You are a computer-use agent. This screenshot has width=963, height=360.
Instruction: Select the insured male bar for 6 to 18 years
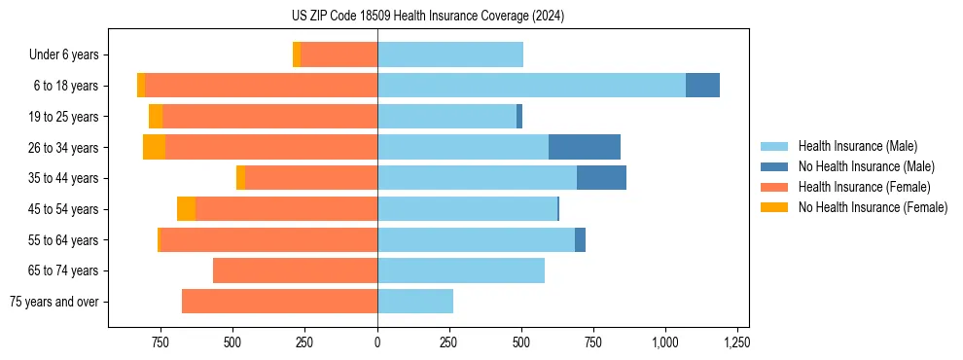click(531, 86)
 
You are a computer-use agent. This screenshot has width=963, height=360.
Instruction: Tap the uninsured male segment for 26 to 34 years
click(585, 147)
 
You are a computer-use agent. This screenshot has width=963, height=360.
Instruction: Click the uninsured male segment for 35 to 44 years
click(601, 178)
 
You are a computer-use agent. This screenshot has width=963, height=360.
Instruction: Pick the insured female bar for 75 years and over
click(279, 302)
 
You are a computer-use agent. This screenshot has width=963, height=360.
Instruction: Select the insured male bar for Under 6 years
click(450, 54)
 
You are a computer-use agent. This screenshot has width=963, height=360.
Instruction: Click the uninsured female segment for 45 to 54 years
click(186, 209)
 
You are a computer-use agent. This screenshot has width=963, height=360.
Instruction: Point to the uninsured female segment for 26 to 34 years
click(154, 147)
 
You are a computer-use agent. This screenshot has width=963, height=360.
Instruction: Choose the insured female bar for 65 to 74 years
click(295, 270)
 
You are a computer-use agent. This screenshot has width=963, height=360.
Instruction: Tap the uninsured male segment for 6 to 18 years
click(702, 86)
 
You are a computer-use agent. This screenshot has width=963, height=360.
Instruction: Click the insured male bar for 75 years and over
click(415, 302)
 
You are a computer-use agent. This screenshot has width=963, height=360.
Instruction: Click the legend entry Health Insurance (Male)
click(857, 146)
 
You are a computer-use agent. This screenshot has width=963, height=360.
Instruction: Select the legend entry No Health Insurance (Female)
click(873, 207)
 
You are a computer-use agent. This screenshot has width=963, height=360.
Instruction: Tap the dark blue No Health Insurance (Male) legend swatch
click(774, 166)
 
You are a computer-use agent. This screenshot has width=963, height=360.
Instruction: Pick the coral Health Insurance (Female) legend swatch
click(774, 187)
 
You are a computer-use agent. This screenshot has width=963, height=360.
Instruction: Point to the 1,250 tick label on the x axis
click(736, 342)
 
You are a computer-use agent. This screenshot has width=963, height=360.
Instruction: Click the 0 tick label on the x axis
click(377, 342)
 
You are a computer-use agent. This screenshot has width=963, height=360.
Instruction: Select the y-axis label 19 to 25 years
click(63, 117)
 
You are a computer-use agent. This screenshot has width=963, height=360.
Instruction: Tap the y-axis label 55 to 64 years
click(63, 240)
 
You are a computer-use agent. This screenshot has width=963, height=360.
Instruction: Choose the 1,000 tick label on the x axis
click(664, 342)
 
